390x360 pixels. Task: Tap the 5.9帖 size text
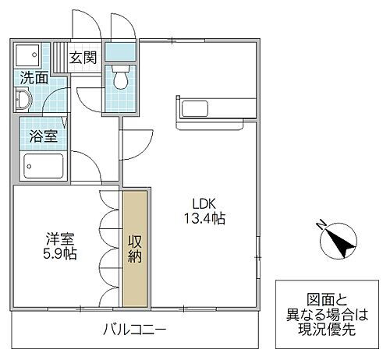pyautogui.click(x=59, y=255)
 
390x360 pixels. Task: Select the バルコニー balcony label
pyautogui.click(x=134, y=330)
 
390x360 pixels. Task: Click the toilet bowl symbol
pyautogui.click(x=121, y=79)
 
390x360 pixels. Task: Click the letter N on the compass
pyautogui.click(x=321, y=224)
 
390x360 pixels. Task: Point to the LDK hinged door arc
pyautogui.click(x=134, y=141)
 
